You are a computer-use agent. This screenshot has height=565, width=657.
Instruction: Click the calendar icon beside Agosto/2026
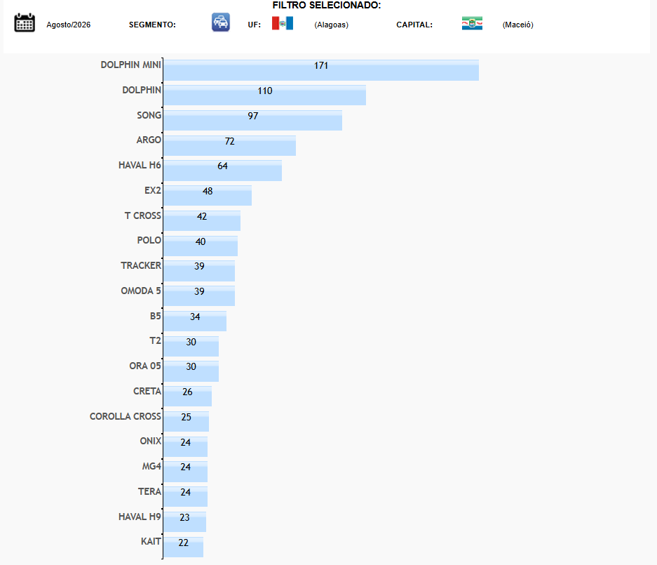coord(25,22)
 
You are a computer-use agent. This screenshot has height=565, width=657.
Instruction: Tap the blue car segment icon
coord(220,22)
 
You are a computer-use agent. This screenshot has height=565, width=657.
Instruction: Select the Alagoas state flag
coord(283,23)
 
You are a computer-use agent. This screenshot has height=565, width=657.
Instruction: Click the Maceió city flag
coord(472,23)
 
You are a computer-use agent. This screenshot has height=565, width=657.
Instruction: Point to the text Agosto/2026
coord(68,25)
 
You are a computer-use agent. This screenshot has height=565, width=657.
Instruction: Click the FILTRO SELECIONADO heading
coord(327,6)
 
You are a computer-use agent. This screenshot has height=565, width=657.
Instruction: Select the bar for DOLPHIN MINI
coord(321,70)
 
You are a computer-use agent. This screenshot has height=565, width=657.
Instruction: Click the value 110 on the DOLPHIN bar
coord(265,91)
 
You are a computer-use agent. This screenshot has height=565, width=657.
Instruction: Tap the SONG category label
coord(149,115)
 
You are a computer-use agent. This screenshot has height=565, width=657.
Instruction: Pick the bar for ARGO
coord(229,145)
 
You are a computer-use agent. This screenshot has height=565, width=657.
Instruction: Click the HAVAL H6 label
coord(140,165)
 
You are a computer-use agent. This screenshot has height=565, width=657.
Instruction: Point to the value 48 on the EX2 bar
coord(208,192)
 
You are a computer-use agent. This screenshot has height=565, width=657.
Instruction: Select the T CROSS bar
coord(202,220)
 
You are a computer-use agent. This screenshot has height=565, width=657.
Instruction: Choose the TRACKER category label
coord(141,265)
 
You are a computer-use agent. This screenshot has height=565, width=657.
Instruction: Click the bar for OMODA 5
coord(199,295)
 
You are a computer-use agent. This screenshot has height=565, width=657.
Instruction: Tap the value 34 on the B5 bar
coord(195,317)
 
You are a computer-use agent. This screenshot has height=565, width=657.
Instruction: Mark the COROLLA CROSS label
coord(126,416)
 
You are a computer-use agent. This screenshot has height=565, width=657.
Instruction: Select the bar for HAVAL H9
coord(185,521)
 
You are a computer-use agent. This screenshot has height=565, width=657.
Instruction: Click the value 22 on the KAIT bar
coord(183,543)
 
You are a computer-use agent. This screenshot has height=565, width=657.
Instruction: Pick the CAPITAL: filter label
coord(414,25)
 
